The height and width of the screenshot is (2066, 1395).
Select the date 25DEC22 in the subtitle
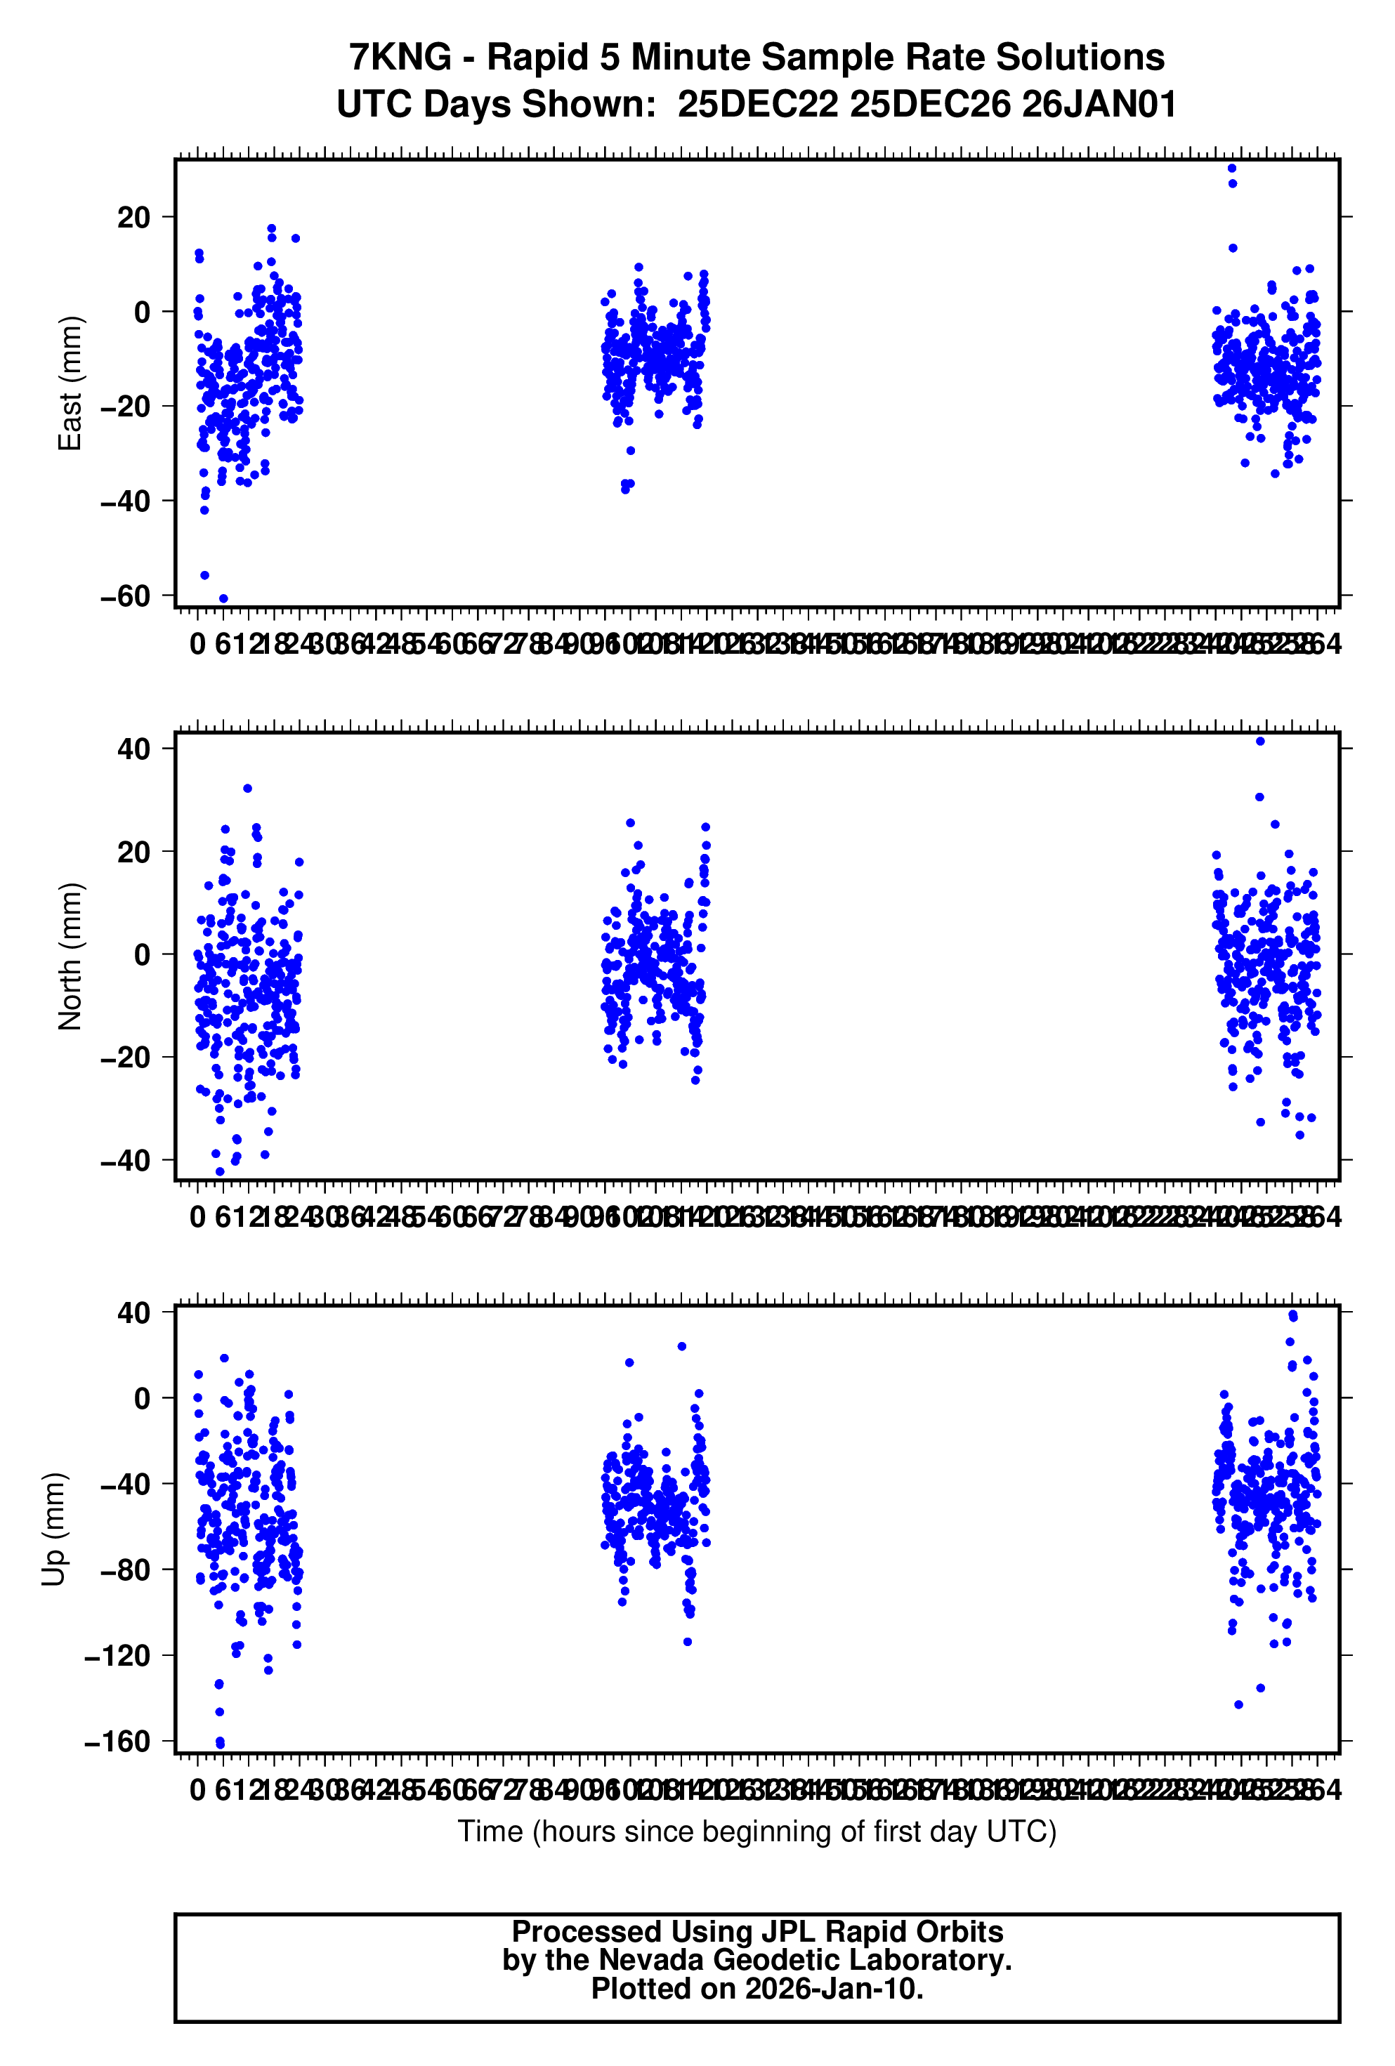pyautogui.click(x=757, y=105)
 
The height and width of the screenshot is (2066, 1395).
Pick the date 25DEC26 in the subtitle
pyautogui.click(x=929, y=105)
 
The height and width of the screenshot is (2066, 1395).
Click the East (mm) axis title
pyautogui.click(x=70, y=383)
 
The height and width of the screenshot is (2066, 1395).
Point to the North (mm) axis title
pyautogui.click(x=70, y=956)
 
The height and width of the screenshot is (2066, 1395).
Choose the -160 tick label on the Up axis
pyautogui.click(x=117, y=1742)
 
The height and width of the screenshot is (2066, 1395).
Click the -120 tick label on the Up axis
pyautogui.click(x=117, y=1655)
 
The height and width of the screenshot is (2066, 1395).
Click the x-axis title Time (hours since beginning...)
pyautogui.click(x=757, y=1831)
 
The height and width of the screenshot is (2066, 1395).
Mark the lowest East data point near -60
pyautogui.click(x=223, y=598)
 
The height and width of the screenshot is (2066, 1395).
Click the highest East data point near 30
pyautogui.click(x=1231, y=168)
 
